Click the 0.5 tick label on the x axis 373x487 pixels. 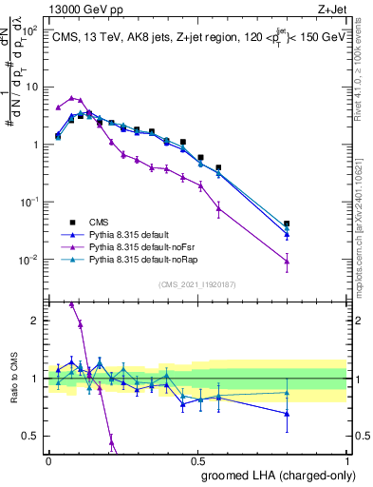(x=198, y=459)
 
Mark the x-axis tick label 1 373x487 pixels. (x=348, y=459)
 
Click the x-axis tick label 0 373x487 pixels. (x=48, y=459)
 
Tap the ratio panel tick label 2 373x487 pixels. (x=38, y=321)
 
